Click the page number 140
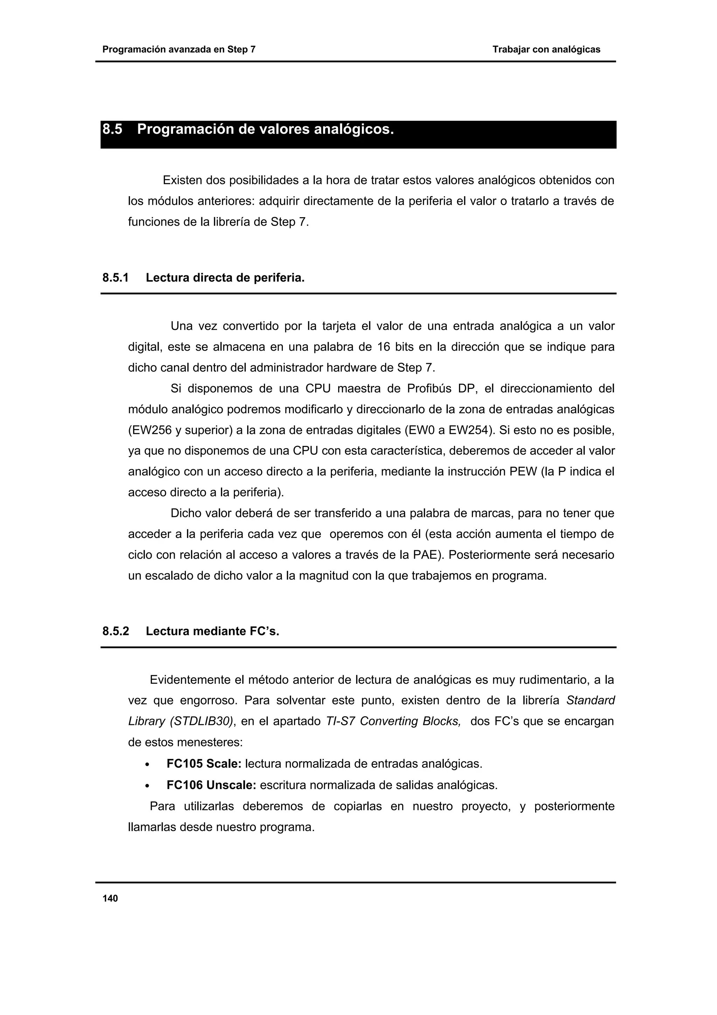[x=110, y=899]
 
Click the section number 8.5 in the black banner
[x=112, y=130]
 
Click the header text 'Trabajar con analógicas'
[x=546, y=49]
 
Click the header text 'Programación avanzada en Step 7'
[x=179, y=49]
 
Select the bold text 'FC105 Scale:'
[x=204, y=764]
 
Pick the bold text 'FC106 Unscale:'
[x=211, y=785]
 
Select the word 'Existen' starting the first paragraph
[x=182, y=180]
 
